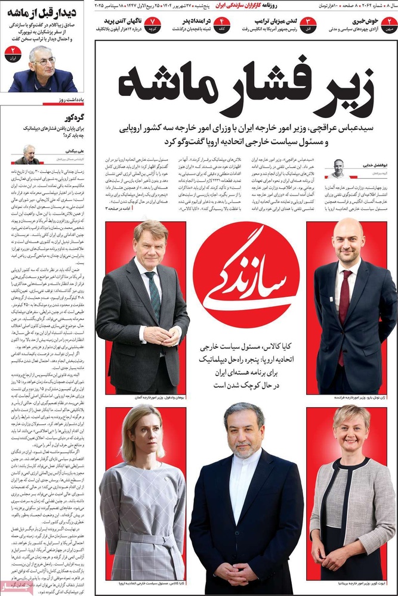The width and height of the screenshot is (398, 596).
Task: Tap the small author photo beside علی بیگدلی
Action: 28,154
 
